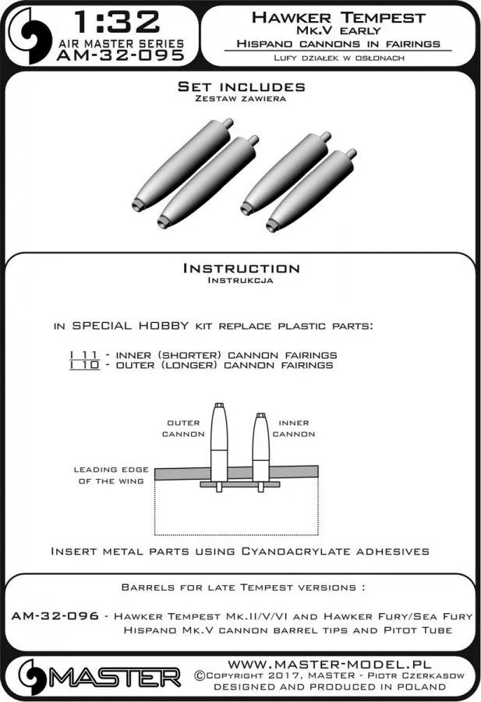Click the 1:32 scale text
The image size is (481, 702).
[119, 20]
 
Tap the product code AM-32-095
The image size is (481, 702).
[120, 55]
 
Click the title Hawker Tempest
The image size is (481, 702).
[338, 16]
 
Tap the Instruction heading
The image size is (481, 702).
[240, 268]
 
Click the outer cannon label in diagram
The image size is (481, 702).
[184, 427]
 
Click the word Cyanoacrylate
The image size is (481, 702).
[302, 551]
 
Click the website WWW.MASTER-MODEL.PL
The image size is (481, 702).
[318, 662]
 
